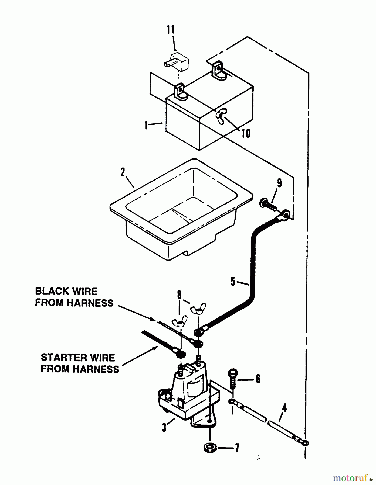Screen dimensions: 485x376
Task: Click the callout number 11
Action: click(171, 30)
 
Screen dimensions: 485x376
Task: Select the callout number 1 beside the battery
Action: click(146, 125)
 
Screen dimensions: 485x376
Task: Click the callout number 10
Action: click(246, 133)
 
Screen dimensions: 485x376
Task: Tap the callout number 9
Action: click(279, 183)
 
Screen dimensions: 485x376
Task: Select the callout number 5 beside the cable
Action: click(233, 282)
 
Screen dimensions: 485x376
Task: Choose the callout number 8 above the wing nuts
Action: click(179, 295)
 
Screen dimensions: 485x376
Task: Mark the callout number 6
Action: click(258, 379)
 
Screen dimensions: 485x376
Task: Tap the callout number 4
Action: click(284, 408)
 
